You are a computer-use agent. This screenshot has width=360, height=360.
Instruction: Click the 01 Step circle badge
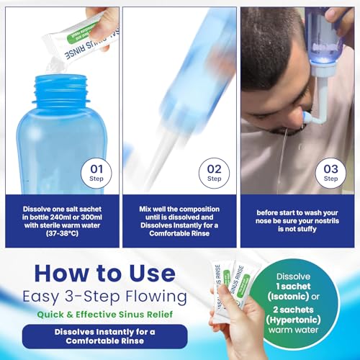pyautogui.click(x=98, y=174)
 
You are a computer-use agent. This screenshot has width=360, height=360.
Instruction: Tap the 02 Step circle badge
pyautogui.click(x=215, y=174)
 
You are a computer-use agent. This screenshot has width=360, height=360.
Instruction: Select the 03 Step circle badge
pyautogui.click(x=330, y=174)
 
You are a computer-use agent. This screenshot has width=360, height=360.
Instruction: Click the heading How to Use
pyautogui.click(x=105, y=274)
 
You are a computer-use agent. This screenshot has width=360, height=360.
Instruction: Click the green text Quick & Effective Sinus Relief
pyautogui.click(x=105, y=314)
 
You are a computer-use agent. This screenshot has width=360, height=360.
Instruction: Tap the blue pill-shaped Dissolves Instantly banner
pyautogui.click(x=105, y=336)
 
